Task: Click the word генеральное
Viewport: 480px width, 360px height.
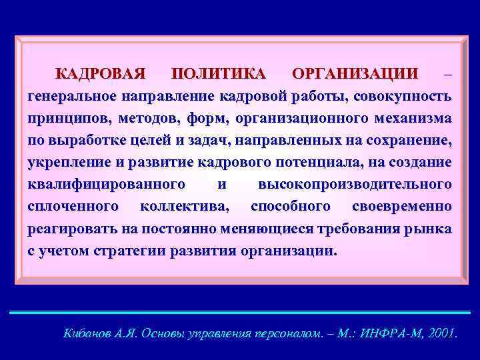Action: tap(71, 95)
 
